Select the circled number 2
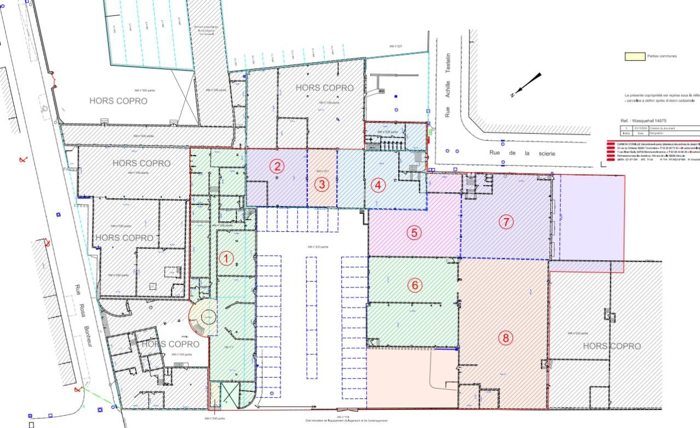coord(278,166)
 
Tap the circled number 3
coord(322,185)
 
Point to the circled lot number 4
coord(378,185)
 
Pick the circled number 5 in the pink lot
coord(414,232)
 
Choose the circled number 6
coord(415,285)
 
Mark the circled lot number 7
coord(506,222)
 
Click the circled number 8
coord(506,338)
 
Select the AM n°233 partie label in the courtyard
coord(317,247)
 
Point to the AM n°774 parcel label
coord(343,417)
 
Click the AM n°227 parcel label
coord(395,46)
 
